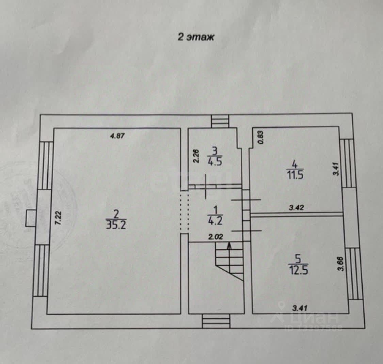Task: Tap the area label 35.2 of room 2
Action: coord(116,225)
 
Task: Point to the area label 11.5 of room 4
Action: coord(295,175)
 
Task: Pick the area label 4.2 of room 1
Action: coord(215,221)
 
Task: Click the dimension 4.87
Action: coord(118,136)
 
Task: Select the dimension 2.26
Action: coord(196,157)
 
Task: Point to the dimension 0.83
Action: coord(260,138)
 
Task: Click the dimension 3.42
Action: coord(296,207)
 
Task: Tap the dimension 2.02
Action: coord(216,237)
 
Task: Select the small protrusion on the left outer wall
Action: coord(31,218)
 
